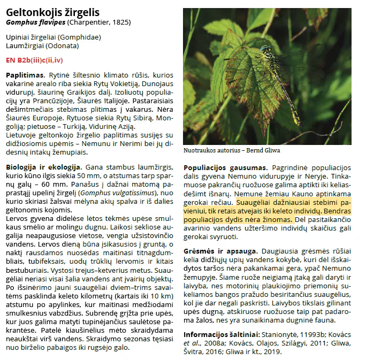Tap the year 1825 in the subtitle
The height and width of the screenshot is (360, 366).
pyautogui.click(x=120, y=22)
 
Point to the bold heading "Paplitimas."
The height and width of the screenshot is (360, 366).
pyautogui.click(x=25, y=75)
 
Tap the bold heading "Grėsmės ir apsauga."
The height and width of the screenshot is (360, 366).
pyautogui.click(x=219, y=251)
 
